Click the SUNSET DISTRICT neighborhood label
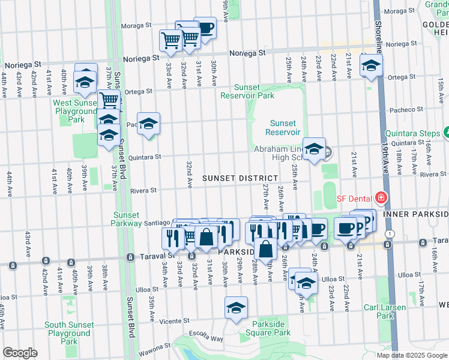(240, 178)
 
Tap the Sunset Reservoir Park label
(246, 91)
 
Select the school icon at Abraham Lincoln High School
(314, 150)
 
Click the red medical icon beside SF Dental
(379, 197)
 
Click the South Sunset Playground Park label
(69, 333)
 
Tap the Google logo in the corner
(20, 353)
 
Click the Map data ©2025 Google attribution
(411, 355)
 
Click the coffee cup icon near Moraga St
(205, 28)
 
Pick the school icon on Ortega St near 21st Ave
(371, 65)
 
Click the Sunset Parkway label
(126, 219)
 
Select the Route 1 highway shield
(390, 233)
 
